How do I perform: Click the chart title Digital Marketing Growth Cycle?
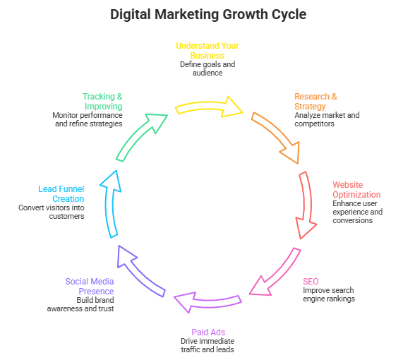pos(209,14)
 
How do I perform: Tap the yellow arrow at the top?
pos(209,106)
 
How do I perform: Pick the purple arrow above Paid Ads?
pos(207,303)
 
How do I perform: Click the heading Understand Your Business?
pos(207,50)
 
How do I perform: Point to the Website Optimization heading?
pos(356,189)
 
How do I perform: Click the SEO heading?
pos(311,281)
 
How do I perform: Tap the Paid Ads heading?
pos(207,332)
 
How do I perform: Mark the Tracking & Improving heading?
pos(102,101)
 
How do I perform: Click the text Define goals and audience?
pos(207,68)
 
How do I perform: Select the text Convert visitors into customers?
pos(52,212)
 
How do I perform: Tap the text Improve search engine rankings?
pos(329,294)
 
